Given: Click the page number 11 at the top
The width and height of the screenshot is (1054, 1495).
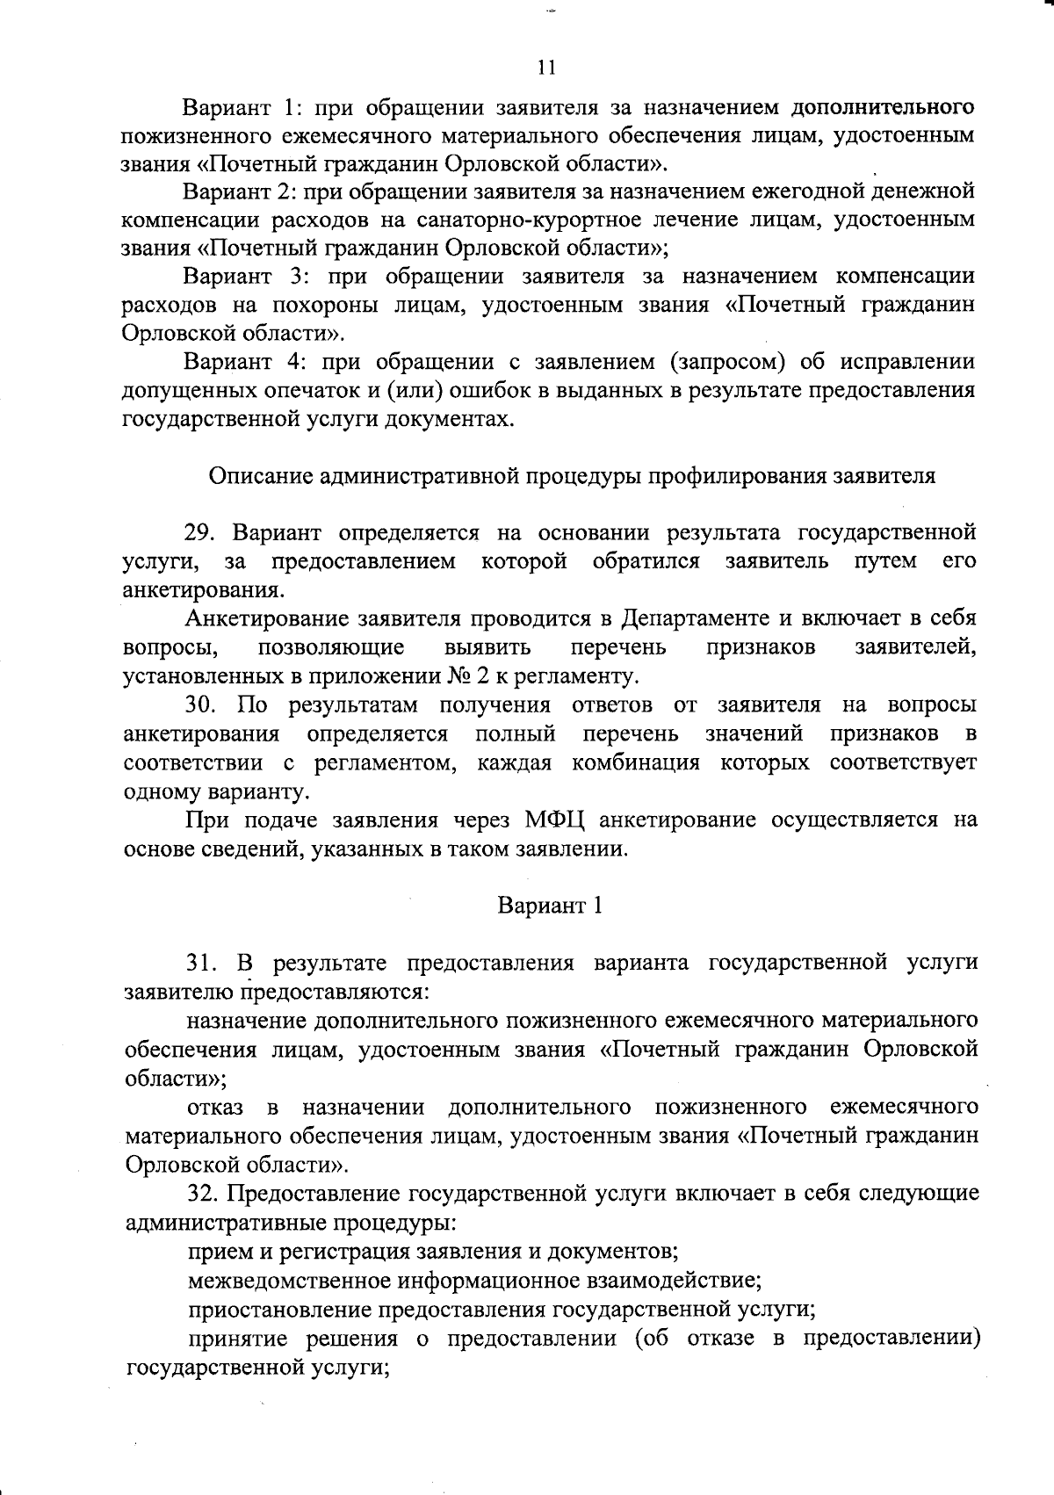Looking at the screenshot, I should [546, 68].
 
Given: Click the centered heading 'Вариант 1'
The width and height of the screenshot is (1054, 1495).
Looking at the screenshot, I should [550, 906].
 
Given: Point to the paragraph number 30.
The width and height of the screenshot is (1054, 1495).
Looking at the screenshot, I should [200, 705].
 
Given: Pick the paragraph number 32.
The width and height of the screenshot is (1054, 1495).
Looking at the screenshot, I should [203, 1194].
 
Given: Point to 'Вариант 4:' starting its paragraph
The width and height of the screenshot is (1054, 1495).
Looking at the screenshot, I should [241, 362].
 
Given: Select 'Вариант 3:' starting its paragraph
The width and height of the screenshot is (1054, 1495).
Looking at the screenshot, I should [242, 276].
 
